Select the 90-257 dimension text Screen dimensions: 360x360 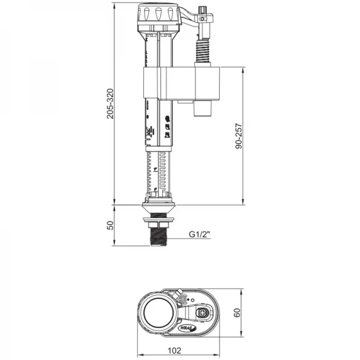[x=239, y=136]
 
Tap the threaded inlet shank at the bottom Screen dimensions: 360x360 [x=158, y=235]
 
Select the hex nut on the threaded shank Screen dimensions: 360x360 [x=158, y=223]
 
